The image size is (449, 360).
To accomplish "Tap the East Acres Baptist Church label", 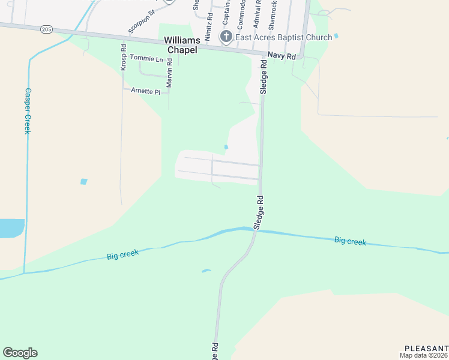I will click(283, 37).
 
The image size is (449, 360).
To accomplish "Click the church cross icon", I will click(226, 37).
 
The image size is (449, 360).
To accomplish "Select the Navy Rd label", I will click(282, 56).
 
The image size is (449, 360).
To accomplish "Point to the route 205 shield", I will click(47, 29).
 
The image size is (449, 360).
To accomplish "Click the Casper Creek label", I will click(27, 111).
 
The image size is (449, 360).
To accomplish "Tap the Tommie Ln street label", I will click(146, 59).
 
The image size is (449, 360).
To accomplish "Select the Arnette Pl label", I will click(146, 92).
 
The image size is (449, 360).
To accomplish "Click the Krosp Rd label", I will click(123, 58).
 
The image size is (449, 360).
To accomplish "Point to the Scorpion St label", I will click(142, 20).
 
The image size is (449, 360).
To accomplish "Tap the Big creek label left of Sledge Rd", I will click(123, 254).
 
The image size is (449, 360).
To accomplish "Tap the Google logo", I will click(20, 353).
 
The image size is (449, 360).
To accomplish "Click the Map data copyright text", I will click(424, 355).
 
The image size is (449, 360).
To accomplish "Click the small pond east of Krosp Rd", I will click(83, 181).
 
